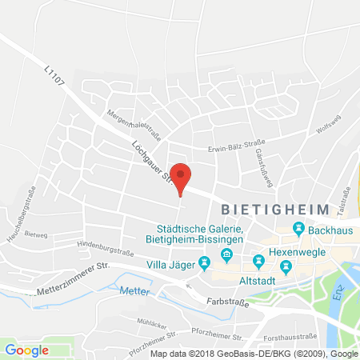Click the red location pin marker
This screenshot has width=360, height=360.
pos(182,178)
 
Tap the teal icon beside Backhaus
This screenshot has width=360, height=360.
pos(298,230)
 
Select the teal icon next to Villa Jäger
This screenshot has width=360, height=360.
pos(205,262)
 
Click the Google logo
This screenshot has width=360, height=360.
pos(27,350)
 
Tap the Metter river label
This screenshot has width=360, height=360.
pos(136,293)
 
